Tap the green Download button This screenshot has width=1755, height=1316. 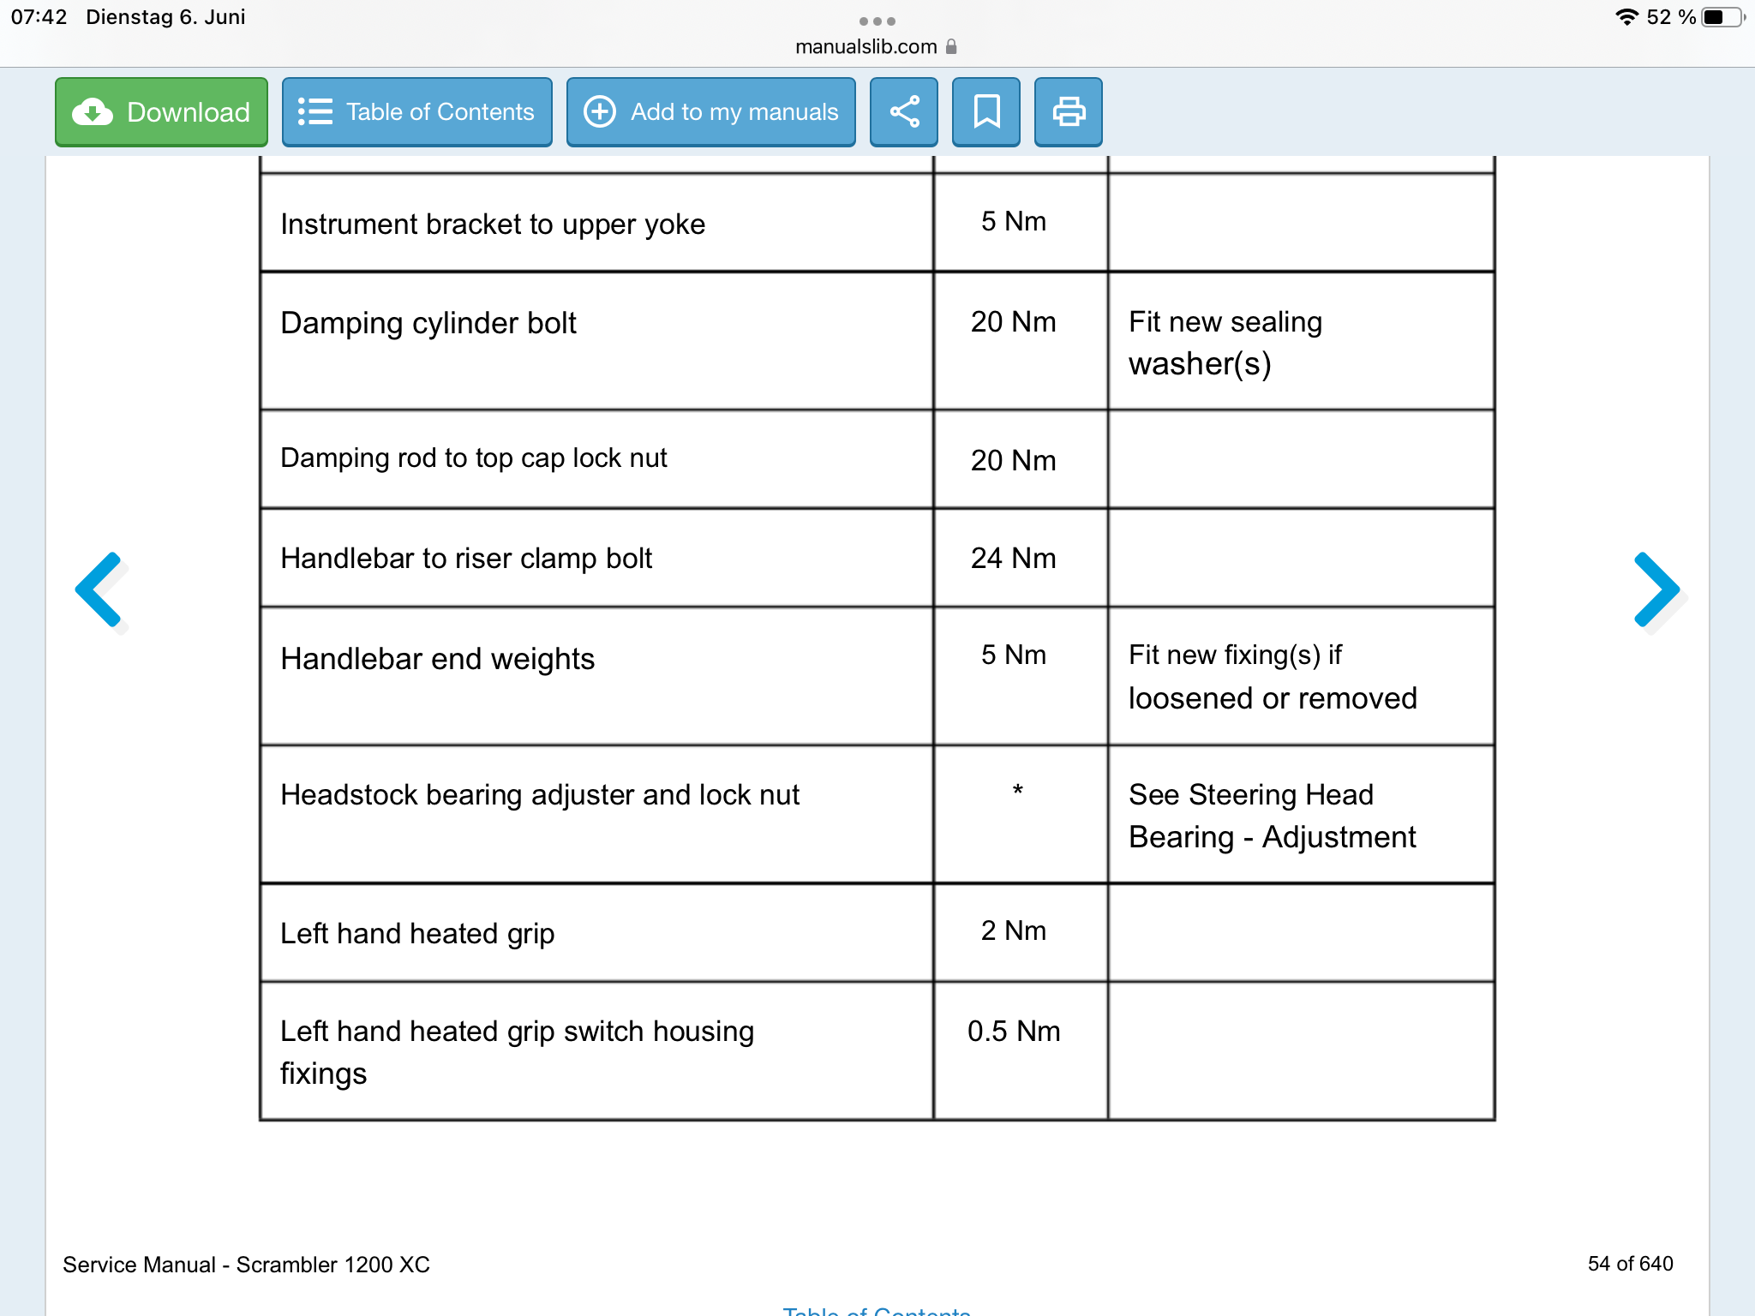click(x=161, y=112)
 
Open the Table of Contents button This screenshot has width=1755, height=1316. click(x=416, y=112)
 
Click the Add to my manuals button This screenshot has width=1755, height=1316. click(x=710, y=112)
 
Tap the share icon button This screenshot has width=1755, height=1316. click(x=904, y=112)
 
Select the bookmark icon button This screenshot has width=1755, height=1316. click(x=986, y=112)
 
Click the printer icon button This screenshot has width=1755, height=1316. click(x=1069, y=112)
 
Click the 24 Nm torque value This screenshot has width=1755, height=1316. click(x=1013, y=559)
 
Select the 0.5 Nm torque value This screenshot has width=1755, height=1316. click(x=1014, y=1032)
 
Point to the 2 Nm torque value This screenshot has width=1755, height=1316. click(x=1013, y=931)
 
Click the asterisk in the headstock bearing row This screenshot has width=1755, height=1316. click(x=1017, y=791)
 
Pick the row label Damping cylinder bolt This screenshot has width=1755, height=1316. click(x=428, y=324)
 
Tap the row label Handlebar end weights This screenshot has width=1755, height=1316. click(x=437, y=660)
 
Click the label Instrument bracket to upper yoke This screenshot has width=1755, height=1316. click(x=493, y=224)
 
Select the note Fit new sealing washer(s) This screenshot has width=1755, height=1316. click(x=1225, y=343)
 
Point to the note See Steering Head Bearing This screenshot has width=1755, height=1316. click(x=1272, y=816)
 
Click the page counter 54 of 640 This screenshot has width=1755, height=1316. click(x=1630, y=1264)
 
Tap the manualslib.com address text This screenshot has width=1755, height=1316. click(x=866, y=47)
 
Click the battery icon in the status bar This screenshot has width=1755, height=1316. click(x=1721, y=17)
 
